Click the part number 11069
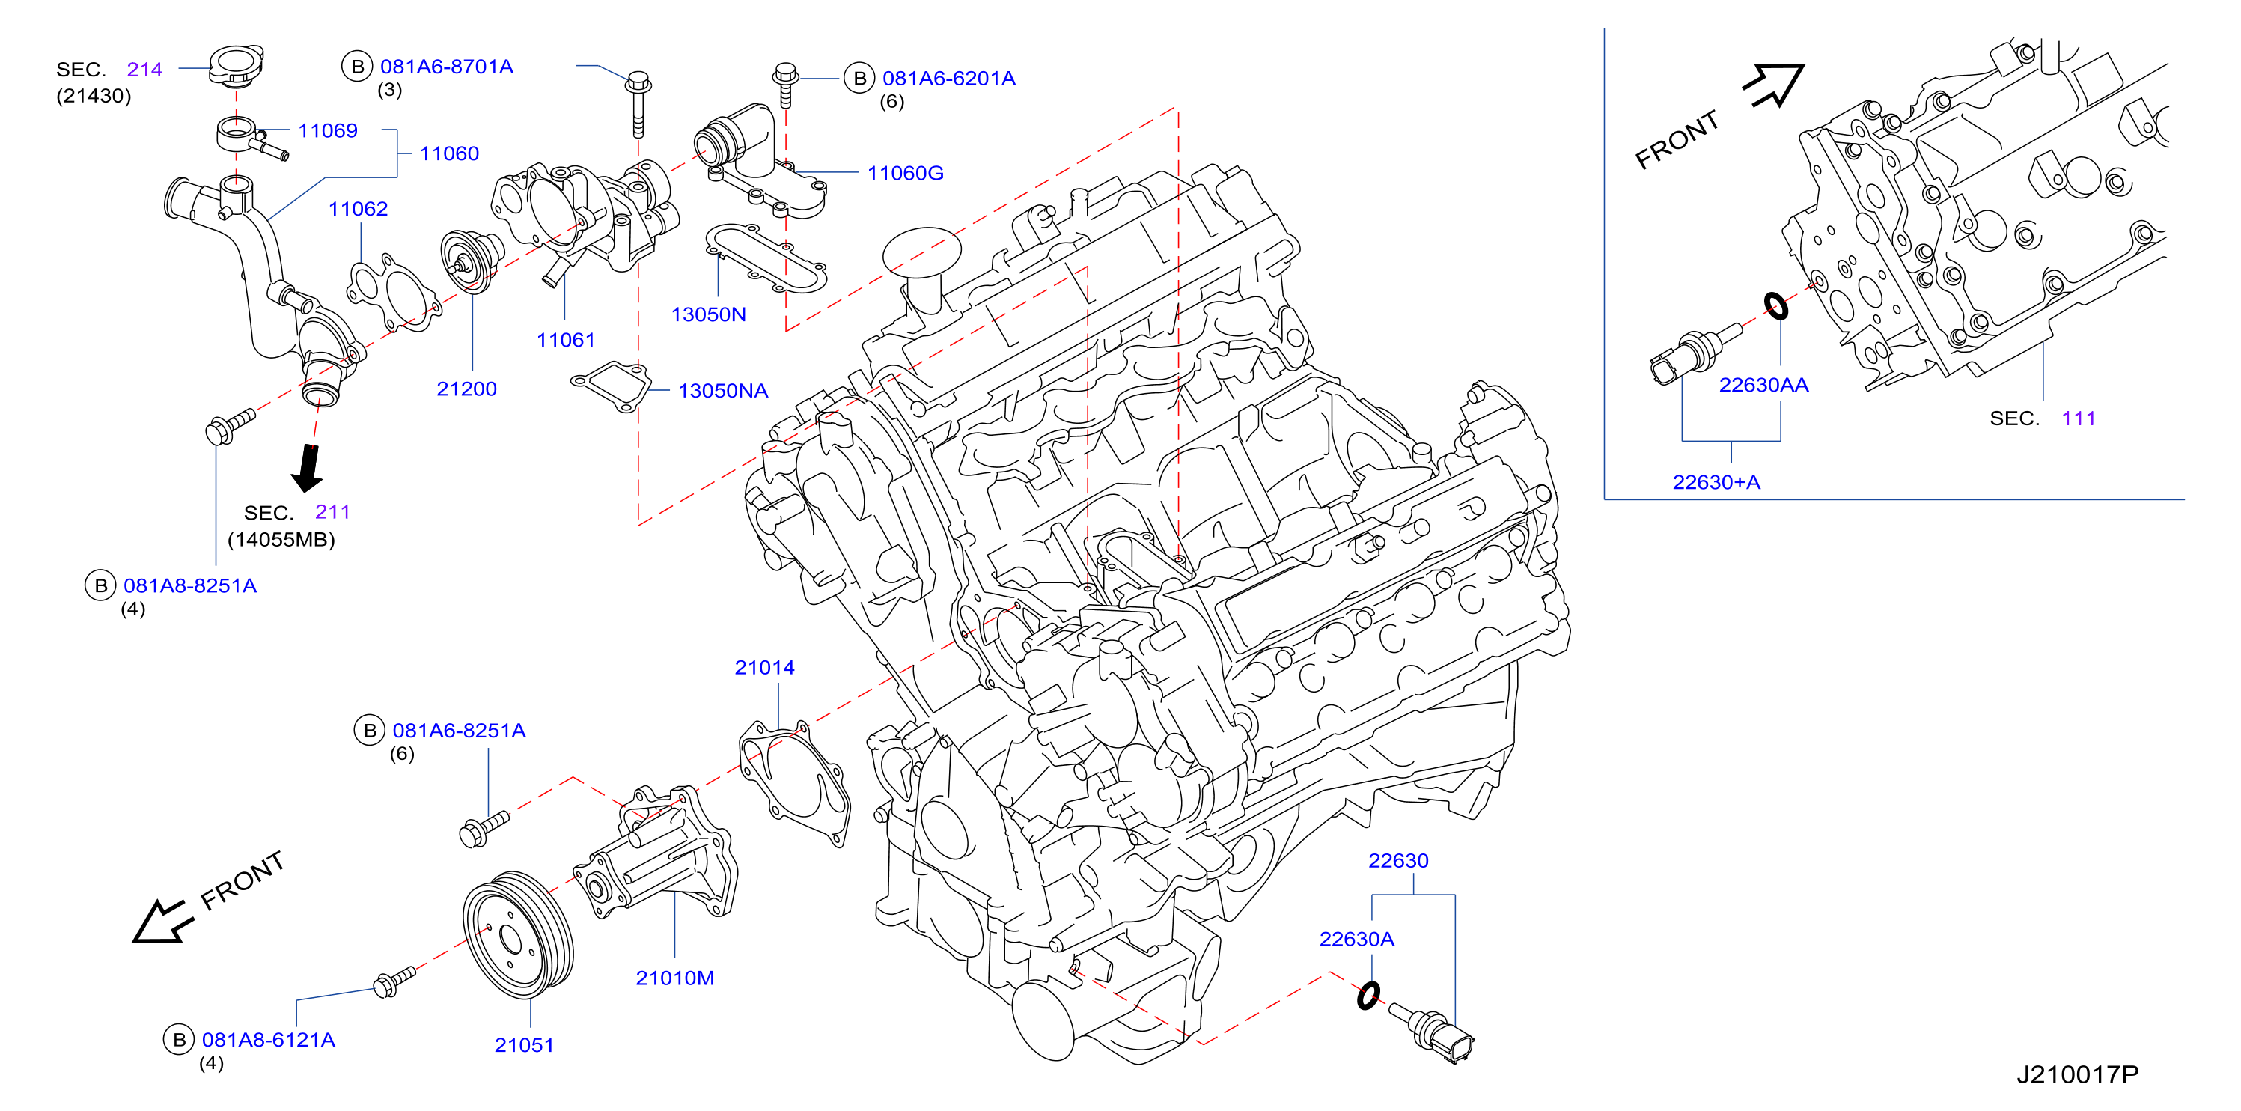[x=327, y=130]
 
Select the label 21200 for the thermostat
[x=466, y=389]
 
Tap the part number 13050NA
[x=723, y=391]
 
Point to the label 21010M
[x=675, y=978]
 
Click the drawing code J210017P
[x=2077, y=1074]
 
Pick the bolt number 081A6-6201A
[x=949, y=79]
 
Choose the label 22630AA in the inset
[x=1763, y=385]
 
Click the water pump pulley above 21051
[x=519, y=934]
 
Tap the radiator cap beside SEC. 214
[x=236, y=66]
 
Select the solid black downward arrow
[x=306, y=468]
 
